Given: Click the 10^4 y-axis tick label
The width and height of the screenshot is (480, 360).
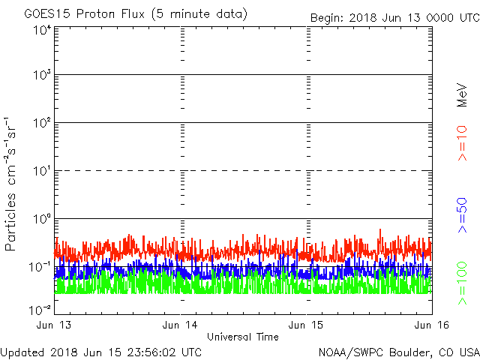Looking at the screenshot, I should click(x=42, y=30).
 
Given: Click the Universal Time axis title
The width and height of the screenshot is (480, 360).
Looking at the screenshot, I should click(x=242, y=337).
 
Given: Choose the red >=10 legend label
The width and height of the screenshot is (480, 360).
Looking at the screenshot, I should click(x=462, y=143).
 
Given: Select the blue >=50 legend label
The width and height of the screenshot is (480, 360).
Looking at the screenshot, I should click(x=462, y=214).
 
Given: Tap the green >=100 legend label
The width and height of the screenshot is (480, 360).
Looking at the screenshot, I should click(x=462, y=282).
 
